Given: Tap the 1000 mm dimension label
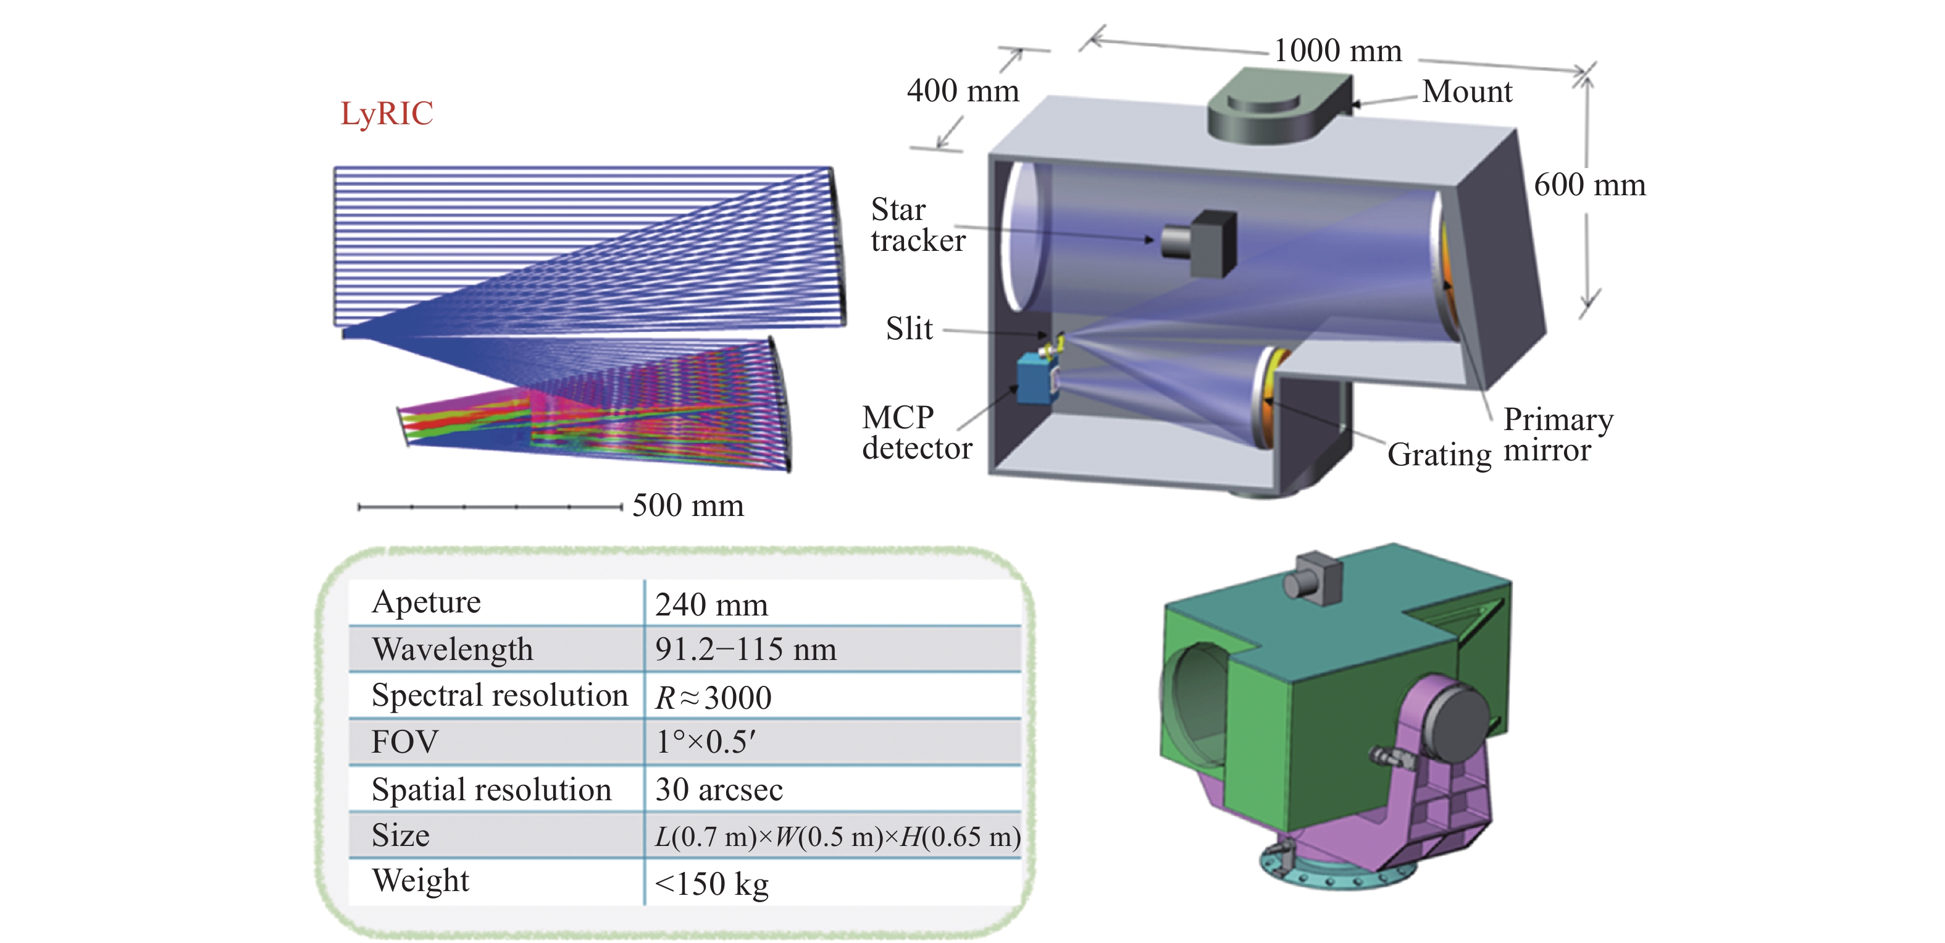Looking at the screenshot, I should pos(1337,51).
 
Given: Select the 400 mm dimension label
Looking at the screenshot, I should pos(963,91).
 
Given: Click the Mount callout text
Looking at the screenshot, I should pos(1467,91).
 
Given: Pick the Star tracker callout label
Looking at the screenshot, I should pos(918,224).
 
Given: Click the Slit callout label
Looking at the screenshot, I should pos(909,329).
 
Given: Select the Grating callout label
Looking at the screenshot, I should pos(1439,454).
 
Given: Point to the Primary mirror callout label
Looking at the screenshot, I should pos(1558,434).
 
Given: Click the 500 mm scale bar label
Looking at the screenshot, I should pos(688,505).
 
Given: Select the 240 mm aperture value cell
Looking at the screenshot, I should pos(711,604).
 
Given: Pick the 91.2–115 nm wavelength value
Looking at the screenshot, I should pos(745,649).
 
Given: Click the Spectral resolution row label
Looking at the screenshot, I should pos(499,695).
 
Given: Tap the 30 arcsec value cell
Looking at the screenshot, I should pos(719,790).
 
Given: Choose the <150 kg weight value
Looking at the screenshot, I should pos(711,883).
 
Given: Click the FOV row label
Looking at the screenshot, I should pos(404,742).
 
